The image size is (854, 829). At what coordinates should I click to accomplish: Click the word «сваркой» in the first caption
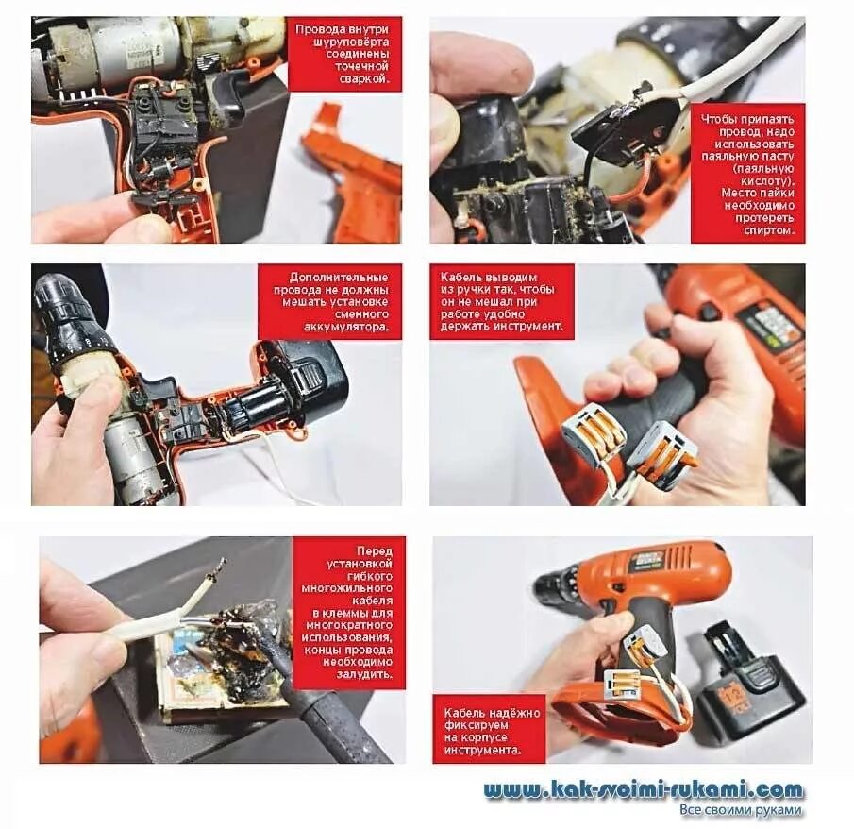[367, 78]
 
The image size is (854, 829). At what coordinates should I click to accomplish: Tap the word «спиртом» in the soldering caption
[769, 230]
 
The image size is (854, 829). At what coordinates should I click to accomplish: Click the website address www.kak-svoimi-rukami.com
[644, 789]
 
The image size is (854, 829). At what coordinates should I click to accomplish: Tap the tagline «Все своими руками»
[741, 810]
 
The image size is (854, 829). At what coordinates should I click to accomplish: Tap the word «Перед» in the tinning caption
[375, 551]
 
